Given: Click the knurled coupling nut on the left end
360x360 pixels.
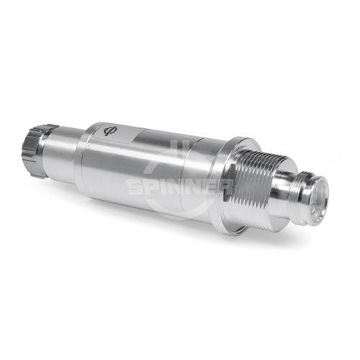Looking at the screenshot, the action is [35, 151].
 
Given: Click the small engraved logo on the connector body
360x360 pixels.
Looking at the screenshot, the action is [109, 131].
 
